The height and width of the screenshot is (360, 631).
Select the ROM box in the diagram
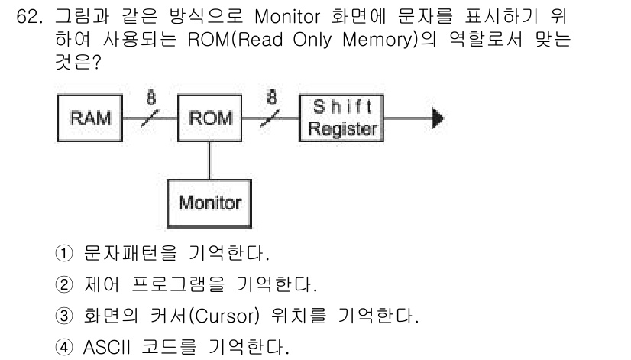[x=206, y=118]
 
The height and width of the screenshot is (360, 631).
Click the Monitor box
[x=209, y=203]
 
